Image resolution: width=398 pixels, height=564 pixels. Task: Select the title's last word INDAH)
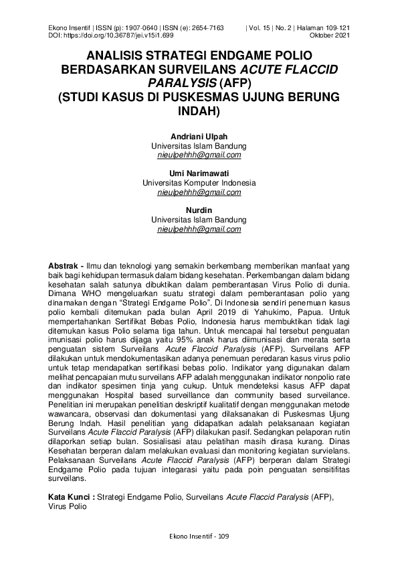199,111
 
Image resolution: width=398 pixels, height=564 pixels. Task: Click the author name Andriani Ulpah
199,137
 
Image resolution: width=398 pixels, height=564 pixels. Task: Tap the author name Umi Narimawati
199,173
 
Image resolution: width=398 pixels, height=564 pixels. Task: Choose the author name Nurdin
199,210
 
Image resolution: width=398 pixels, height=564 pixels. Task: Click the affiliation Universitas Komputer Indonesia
199,183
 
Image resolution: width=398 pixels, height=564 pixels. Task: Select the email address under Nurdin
199,229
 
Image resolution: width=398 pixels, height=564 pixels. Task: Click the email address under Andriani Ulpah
199,155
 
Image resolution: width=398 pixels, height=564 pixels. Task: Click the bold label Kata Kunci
70,498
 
